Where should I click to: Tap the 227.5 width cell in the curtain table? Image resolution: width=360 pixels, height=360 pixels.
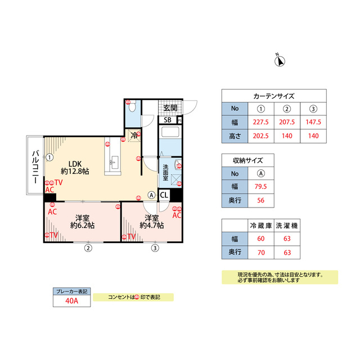pos(261,121)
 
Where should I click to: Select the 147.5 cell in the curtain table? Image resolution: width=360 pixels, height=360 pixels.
pos(313,121)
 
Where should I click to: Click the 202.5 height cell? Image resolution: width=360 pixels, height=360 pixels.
pos(261,136)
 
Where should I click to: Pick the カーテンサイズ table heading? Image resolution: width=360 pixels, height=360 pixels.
pos(274,96)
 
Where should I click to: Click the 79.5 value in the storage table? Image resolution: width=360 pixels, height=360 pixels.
pos(261,186)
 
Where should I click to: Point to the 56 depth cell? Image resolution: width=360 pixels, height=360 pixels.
pos(261,200)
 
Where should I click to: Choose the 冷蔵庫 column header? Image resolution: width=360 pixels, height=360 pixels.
pos(261,226)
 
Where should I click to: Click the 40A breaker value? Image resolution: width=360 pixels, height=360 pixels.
pos(71,301)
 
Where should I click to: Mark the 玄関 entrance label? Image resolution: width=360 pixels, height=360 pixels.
pos(170,107)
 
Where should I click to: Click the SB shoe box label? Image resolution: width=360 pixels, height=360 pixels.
pos(168,120)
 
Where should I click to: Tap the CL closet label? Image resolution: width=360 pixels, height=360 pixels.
pos(164,195)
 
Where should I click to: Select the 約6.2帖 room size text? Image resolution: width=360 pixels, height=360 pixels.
pos(83,225)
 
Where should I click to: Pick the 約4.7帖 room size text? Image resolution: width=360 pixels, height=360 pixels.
pos(151,225)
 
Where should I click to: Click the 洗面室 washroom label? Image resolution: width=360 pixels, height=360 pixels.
pos(166,171)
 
